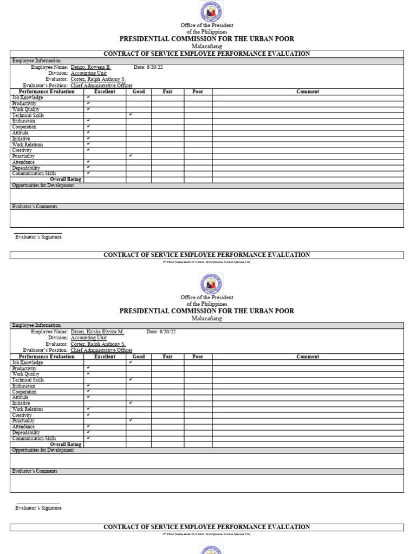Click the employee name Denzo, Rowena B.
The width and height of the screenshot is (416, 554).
click(x=90, y=67)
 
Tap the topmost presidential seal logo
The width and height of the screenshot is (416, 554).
click(x=211, y=12)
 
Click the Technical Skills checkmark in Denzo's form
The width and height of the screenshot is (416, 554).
click(x=131, y=115)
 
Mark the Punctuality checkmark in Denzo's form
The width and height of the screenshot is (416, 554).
click(x=131, y=156)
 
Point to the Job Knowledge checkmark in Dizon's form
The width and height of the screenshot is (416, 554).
click(x=131, y=362)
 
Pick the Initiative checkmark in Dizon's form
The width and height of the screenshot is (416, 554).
click(x=131, y=403)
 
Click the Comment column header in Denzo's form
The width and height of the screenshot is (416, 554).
click(x=308, y=91)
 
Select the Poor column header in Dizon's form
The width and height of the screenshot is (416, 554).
click(x=198, y=357)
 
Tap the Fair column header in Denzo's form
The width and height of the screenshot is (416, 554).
click(x=167, y=91)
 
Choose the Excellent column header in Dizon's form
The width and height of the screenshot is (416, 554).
click(x=105, y=357)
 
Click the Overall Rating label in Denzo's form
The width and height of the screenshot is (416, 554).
click(x=66, y=180)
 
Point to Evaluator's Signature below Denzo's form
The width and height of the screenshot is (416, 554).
click(x=38, y=237)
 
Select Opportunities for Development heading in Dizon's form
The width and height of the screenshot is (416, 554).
click(x=43, y=450)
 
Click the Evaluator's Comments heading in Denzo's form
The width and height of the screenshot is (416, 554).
click(x=35, y=207)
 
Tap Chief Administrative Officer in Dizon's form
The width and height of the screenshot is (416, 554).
click(x=101, y=350)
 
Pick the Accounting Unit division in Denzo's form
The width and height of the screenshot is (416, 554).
click(x=89, y=73)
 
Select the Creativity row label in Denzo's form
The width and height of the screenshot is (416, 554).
click(x=23, y=150)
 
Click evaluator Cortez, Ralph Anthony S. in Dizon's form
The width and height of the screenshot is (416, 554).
click(x=98, y=344)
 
